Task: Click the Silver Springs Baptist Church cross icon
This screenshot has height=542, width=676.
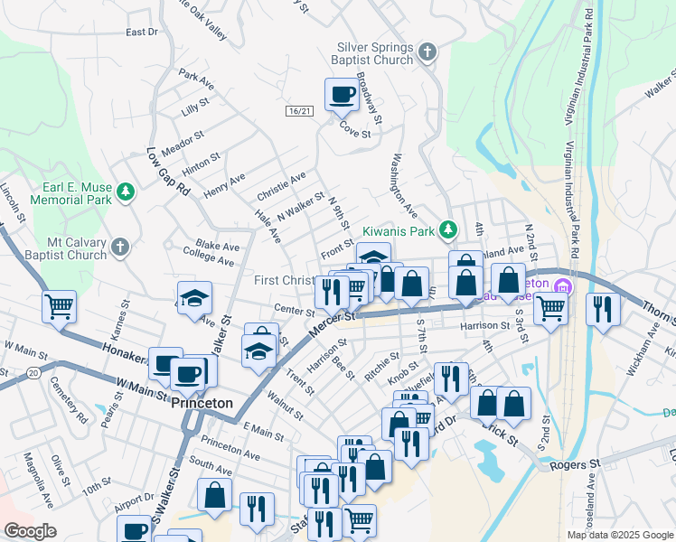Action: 428,52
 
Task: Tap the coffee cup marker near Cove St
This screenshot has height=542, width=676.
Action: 342,94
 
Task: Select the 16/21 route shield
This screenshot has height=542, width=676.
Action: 299,110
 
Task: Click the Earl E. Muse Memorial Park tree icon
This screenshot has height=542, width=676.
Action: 126,192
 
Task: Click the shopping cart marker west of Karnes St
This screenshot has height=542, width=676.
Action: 59,306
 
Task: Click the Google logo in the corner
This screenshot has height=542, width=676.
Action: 30,531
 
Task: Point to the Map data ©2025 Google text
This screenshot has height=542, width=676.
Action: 619,535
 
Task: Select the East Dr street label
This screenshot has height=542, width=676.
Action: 142,33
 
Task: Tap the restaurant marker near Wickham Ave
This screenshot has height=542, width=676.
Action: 599,309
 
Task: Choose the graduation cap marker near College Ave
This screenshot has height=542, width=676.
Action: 193,301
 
